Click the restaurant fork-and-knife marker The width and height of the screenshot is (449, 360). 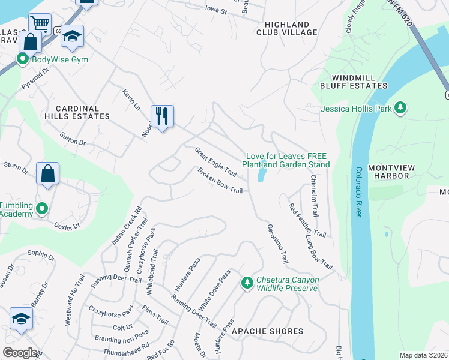[x=161, y=115]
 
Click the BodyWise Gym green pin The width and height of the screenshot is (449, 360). [x=23, y=59]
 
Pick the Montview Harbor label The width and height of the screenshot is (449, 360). [x=388, y=171]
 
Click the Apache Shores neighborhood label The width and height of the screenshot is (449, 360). [x=267, y=331]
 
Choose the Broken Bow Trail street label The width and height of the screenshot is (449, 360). [x=220, y=181]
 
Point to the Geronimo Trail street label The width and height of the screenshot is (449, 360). [x=277, y=243]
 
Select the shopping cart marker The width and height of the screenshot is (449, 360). [x=40, y=23]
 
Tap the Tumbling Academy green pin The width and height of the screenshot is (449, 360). [x=41, y=209]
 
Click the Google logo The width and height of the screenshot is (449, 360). [x=20, y=353]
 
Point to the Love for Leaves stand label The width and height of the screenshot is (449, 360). [x=286, y=160]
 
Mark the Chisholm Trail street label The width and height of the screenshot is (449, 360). [x=314, y=195]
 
